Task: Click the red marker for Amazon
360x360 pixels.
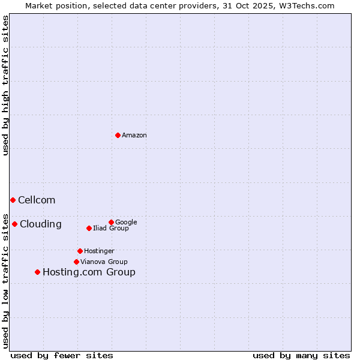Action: click(x=118, y=135)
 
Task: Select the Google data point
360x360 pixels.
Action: click(x=111, y=222)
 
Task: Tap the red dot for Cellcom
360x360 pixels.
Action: click(x=13, y=200)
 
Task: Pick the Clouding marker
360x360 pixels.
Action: click(x=14, y=224)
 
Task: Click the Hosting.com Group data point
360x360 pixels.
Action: click(x=37, y=272)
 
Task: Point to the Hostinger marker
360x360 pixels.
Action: click(x=80, y=251)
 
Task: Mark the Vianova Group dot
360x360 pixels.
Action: click(x=76, y=262)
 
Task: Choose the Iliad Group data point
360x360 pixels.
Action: click(x=89, y=228)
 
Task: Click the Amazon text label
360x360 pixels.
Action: click(x=134, y=136)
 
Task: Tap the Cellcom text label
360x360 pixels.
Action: click(x=37, y=200)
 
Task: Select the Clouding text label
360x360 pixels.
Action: click(x=41, y=224)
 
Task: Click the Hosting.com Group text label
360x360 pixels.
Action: click(x=89, y=272)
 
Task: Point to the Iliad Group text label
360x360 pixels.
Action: click(x=111, y=229)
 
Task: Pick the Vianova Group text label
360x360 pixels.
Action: click(x=104, y=262)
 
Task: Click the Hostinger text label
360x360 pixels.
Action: click(x=99, y=251)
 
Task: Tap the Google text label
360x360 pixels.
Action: click(x=126, y=223)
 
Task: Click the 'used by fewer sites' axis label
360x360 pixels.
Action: click(x=62, y=355)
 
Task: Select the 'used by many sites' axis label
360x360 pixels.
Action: click(x=301, y=355)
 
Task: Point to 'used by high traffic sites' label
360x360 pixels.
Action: click(x=5, y=85)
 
